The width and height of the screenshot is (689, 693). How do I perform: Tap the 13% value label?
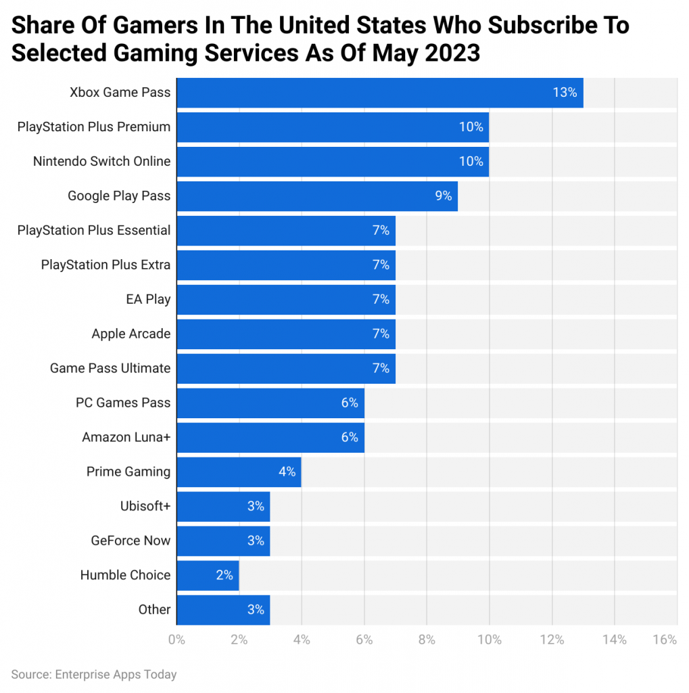pos(564,93)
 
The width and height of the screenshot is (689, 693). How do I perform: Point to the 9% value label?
pos(444,196)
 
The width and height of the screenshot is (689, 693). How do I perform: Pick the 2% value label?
pos(224,575)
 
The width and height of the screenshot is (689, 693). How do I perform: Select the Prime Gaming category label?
pos(128,472)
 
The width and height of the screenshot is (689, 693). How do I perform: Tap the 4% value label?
pos(287,472)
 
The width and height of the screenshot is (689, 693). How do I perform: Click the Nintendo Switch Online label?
pos(102,162)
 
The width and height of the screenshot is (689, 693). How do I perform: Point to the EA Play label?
pos(148,299)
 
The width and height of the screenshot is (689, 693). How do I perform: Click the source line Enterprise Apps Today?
pos(94,675)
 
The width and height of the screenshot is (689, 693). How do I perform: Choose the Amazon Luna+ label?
pos(126,437)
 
